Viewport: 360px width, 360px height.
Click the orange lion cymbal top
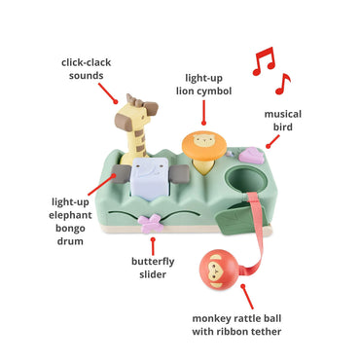[x=204, y=145]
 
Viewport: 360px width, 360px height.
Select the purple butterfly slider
[x=151, y=224]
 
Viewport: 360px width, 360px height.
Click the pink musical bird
[x=251, y=155]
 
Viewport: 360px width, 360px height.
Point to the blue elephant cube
[x=150, y=178]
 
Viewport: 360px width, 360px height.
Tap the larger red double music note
[x=264, y=61]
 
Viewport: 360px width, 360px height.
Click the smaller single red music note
[x=283, y=84]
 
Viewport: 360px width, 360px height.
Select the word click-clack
[x=87, y=62]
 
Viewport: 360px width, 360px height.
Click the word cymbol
[x=213, y=91]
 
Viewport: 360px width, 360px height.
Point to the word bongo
[x=70, y=229]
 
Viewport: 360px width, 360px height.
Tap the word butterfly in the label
[x=153, y=262]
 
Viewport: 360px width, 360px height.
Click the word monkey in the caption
[x=209, y=319]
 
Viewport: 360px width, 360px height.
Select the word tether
[x=266, y=331]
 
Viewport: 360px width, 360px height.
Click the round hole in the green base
[x=245, y=180]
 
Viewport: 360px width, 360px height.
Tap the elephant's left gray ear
[x=120, y=173]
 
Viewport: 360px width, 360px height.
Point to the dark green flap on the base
[x=234, y=220]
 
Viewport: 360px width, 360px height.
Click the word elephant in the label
[x=70, y=215]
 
